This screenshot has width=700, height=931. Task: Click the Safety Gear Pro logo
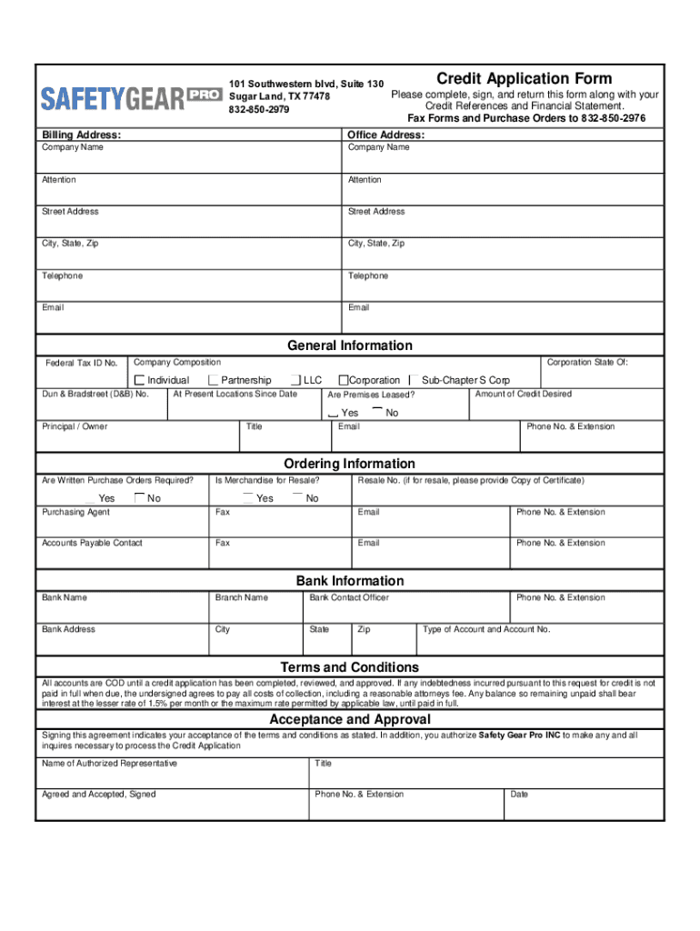pyautogui.click(x=131, y=96)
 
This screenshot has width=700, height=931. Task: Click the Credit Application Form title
pyautogui.click(x=525, y=79)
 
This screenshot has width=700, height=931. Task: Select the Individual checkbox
pyautogui.click(x=140, y=380)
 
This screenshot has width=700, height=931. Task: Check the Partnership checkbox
pyautogui.click(x=213, y=380)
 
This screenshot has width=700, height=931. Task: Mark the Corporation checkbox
pyautogui.click(x=344, y=380)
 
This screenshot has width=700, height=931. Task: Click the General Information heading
pyautogui.click(x=350, y=345)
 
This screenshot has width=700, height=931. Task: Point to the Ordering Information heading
pyautogui.click(x=350, y=464)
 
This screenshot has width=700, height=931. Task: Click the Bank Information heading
pyautogui.click(x=350, y=581)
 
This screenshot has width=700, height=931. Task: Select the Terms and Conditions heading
pyautogui.click(x=350, y=668)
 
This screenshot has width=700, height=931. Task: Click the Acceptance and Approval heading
pyautogui.click(x=350, y=720)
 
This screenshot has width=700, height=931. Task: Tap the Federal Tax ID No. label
pyautogui.click(x=82, y=364)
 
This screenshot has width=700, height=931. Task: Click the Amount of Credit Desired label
pyautogui.click(x=523, y=394)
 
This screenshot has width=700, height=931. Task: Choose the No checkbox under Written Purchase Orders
pyautogui.click(x=139, y=497)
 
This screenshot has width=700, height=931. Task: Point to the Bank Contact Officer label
pyautogui.click(x=349, y=598)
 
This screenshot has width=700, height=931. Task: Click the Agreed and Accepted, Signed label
pyautogui.click(x=98, y=795)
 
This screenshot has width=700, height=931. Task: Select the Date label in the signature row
pyautogui.click(x=519, y=795)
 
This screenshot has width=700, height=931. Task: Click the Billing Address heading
pyautogui.click(x=82, y=135)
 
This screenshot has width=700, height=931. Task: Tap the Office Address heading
pyautogui.click(x=386, y=135)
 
